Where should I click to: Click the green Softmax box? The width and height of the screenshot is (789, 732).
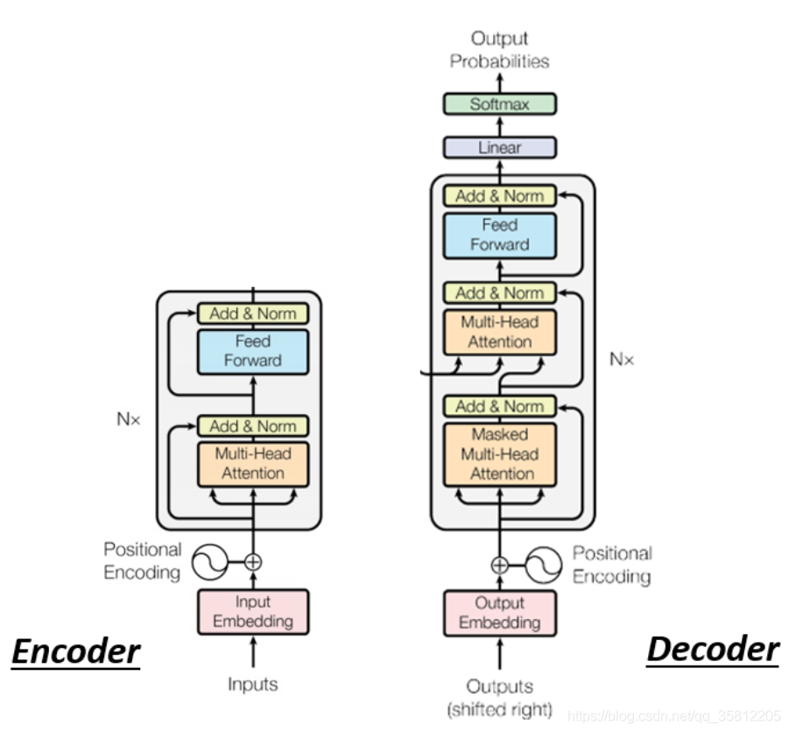[x=500, y=104]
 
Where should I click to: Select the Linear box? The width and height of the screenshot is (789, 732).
[x=500, y=147]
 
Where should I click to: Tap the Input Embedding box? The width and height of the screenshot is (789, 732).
[x=253, y=612]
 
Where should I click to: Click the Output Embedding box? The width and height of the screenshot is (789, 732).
[x=500, y=613]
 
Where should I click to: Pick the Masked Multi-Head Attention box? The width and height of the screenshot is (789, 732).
[x=500, y=454]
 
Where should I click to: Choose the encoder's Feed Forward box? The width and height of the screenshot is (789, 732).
[x=253, y=352]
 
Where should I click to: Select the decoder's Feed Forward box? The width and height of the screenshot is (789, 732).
[x=500, y=236]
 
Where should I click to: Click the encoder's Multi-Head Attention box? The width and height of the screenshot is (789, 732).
[x=253, y=464]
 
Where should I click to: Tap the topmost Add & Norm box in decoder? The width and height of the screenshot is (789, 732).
[x=500, y=196]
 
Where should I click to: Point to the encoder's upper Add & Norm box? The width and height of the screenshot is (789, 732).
[x=253, y=313]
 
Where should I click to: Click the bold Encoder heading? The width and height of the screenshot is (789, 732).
[x=76, y=652]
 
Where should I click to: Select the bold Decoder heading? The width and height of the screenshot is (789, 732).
[x=713, y=650]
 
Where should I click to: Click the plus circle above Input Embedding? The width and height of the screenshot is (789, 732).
[x=253, y=562]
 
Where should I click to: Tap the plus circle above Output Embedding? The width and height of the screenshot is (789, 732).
[x=500, y=566]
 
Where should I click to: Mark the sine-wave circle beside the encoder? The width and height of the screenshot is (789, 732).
[x=210, y=562]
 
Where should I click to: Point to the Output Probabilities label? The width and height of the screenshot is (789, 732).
[x=500, y=50]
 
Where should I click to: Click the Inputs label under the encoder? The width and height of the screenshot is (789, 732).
[x=252, y=684]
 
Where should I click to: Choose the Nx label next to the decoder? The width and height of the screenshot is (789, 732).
[x=622, y=359]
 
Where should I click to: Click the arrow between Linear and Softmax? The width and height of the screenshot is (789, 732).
[x=500, y=126]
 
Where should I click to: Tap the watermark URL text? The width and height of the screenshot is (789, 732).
[x=673, y=716]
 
